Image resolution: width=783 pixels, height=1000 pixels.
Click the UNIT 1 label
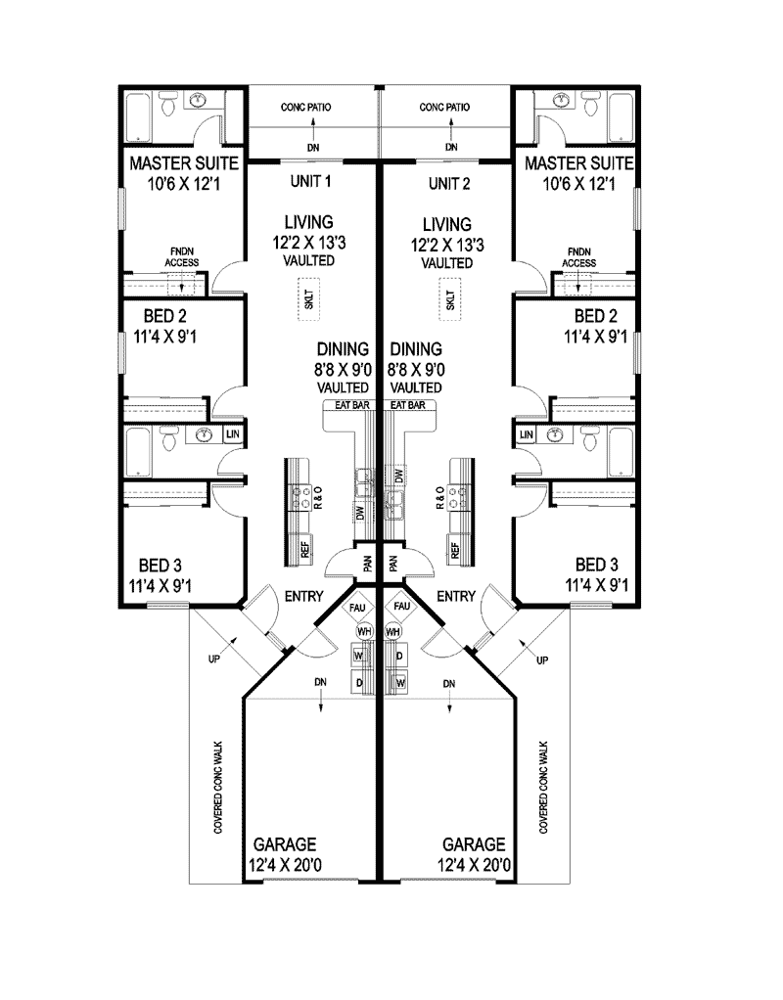coord(311,182)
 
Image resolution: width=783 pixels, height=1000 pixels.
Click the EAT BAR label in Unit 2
coord(406,404)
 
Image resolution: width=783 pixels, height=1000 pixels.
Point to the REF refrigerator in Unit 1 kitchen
coord(305,550)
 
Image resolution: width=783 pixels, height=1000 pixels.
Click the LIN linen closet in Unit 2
coord(527,433)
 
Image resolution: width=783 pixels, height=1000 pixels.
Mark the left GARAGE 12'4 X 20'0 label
coord(285,853)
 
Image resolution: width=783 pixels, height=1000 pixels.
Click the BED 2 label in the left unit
coord(162,325)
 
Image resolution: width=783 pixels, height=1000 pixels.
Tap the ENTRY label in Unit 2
coord(456,596)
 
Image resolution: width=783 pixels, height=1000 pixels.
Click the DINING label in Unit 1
coord(343,348)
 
